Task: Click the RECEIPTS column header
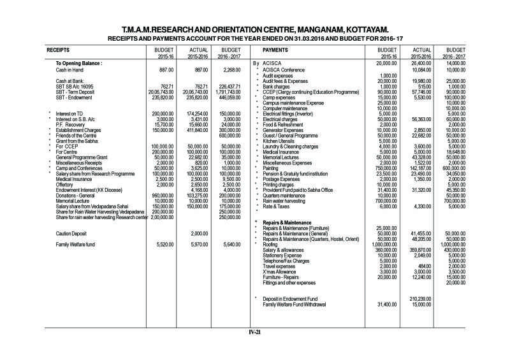[61, 49]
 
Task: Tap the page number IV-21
[254, 333]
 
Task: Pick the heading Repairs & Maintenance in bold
[286, 222]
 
